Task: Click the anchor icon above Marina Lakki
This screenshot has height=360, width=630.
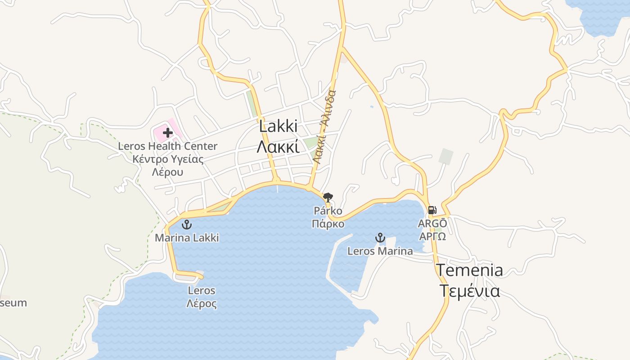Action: point(186,225)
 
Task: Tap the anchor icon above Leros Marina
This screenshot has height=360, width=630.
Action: point(380,238)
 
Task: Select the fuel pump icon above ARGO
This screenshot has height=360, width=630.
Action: point(432,210)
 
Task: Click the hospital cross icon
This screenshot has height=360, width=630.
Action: point(168,132)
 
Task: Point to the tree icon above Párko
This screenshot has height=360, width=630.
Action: point(328,197)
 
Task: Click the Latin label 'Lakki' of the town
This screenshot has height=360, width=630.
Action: point(278,126)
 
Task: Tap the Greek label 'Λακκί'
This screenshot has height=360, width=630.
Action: point(278,147)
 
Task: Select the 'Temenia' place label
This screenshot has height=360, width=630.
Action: point(470,270)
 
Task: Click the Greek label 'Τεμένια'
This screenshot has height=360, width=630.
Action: point(469,291)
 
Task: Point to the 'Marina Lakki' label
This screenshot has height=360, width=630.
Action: point(187,238)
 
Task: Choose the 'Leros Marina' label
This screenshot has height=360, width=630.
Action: point(380,251)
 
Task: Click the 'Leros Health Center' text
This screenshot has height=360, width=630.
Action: point(167,146)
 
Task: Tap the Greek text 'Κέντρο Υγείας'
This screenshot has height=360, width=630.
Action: point(168,159)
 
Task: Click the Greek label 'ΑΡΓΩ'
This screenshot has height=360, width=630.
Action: point(432,237)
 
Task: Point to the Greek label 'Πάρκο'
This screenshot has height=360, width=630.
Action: point(328,224)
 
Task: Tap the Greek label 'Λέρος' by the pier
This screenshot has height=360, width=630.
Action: point(202,304)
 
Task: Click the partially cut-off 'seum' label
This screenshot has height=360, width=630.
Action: point(13,303)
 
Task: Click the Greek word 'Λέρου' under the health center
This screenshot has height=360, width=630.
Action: point(167,172)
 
